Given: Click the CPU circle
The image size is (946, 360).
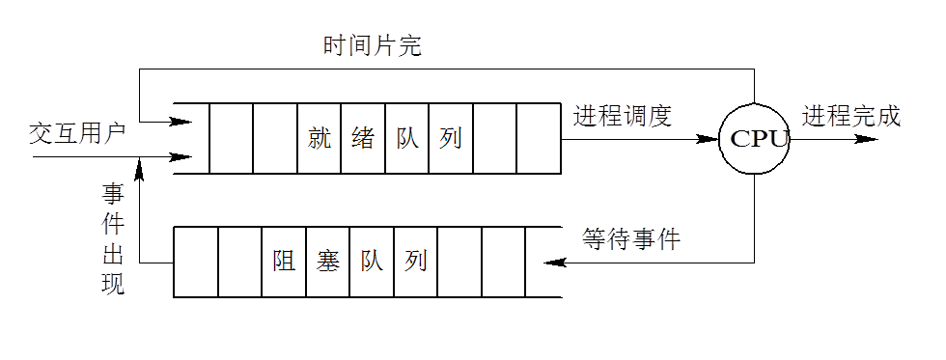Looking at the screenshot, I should coord(755,139).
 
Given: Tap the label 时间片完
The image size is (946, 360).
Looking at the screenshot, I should coord(373,45).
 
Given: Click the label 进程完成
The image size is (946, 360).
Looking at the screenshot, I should coord(850,116).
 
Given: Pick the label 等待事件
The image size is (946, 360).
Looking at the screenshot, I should coord(631,238).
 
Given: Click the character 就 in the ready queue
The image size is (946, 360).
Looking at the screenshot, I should coord(320,138).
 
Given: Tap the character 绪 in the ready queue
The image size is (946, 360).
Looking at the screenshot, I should coord(363,138).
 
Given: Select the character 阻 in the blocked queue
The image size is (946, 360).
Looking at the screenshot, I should coord(284,261).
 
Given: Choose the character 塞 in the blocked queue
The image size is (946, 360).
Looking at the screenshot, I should coord(328,261).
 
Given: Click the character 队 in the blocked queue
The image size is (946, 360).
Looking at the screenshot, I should coord(372,261).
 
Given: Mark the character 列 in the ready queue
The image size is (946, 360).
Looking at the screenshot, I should coord(450,138).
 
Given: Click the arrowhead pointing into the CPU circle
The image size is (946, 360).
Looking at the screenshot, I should coord(708,139).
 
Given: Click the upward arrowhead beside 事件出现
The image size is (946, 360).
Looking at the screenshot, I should coord(140,172).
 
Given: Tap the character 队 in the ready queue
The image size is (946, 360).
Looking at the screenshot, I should coord(406,138).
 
